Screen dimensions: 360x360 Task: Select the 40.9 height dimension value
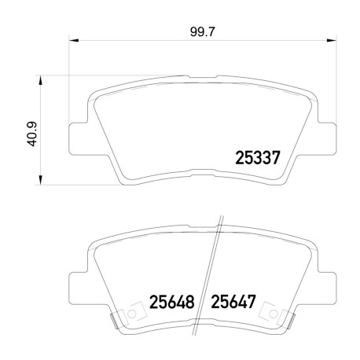(33, 134)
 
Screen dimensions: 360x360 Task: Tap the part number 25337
(258, 158)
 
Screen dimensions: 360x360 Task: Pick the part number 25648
(172, 302)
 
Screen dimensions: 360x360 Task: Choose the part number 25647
(233, 302)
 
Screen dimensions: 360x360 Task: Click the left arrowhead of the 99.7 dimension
(74, 40)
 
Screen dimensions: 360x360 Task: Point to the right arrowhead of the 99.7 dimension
(331, 40)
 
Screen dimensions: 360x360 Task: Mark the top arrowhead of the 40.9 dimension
(40, 80)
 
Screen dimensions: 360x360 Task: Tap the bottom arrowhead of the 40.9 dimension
(40, 180)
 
